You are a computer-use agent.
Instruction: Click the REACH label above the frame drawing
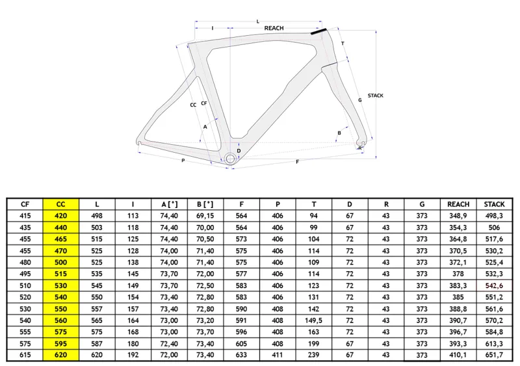click(x=274, y=28)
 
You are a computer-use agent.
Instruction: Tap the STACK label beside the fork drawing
click(x=376, y=96)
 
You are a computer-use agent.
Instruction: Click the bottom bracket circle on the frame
click(x=230, y=159)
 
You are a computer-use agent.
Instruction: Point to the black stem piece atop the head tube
click(x=318, y=31)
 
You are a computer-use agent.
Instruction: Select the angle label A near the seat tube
click(x=205, y=127)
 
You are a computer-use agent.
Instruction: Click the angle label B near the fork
click(x=339, y=133)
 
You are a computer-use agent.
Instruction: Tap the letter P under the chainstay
click(x=183, y=161)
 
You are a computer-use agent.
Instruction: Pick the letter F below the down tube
click(x=298, y=162)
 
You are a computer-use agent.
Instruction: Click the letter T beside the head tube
click(x=343, y=44)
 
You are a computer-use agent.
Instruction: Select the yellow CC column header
click(x=60, y=204)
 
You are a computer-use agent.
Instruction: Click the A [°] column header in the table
click(x=169, y=204)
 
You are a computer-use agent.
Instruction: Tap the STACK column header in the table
click(x=494, y=204)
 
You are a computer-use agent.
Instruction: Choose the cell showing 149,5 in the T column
click(x=314, y=320)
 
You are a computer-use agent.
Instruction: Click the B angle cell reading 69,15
click(x=205, y=216)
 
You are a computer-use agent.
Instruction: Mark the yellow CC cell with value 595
click(x=60, y=343)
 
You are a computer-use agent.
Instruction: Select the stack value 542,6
click(x=494, y=285)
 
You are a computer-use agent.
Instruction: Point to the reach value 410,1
click(x=458, y=355)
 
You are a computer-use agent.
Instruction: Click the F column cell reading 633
click(x=241, y=355)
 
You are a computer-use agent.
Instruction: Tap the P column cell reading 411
click(x=278, y=355)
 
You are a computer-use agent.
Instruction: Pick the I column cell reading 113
click(x=133, y=216)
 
